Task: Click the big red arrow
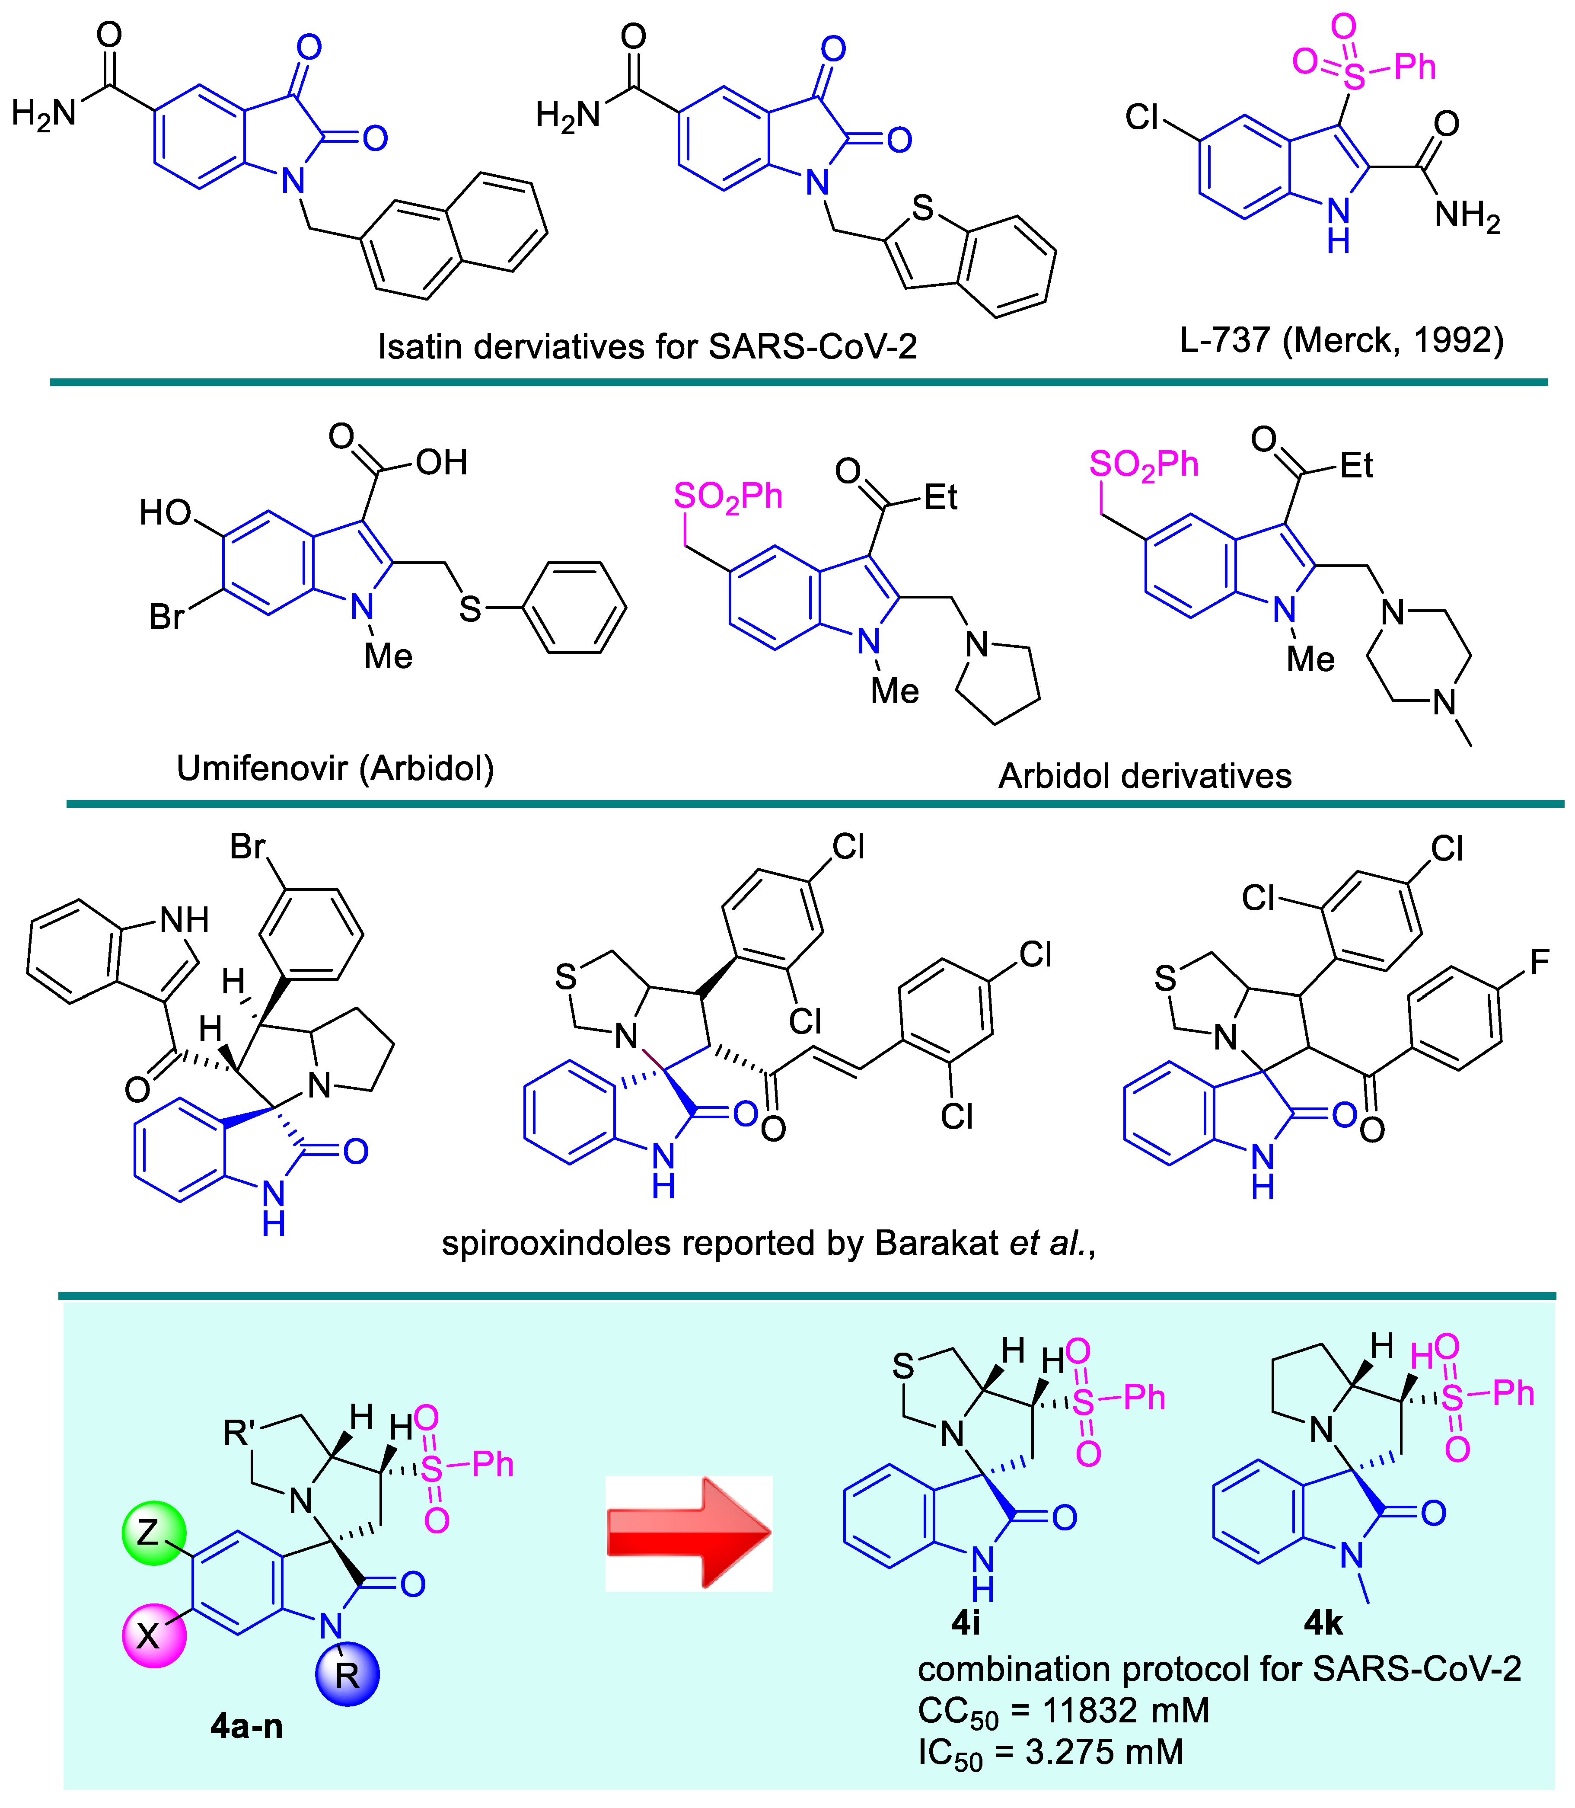688,1533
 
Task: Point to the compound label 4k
1323,1622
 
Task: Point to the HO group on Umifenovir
165,513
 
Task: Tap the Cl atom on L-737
1143,117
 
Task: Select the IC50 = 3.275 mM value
1050,1752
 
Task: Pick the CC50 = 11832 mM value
1064,1710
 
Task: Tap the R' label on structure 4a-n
239,1434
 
